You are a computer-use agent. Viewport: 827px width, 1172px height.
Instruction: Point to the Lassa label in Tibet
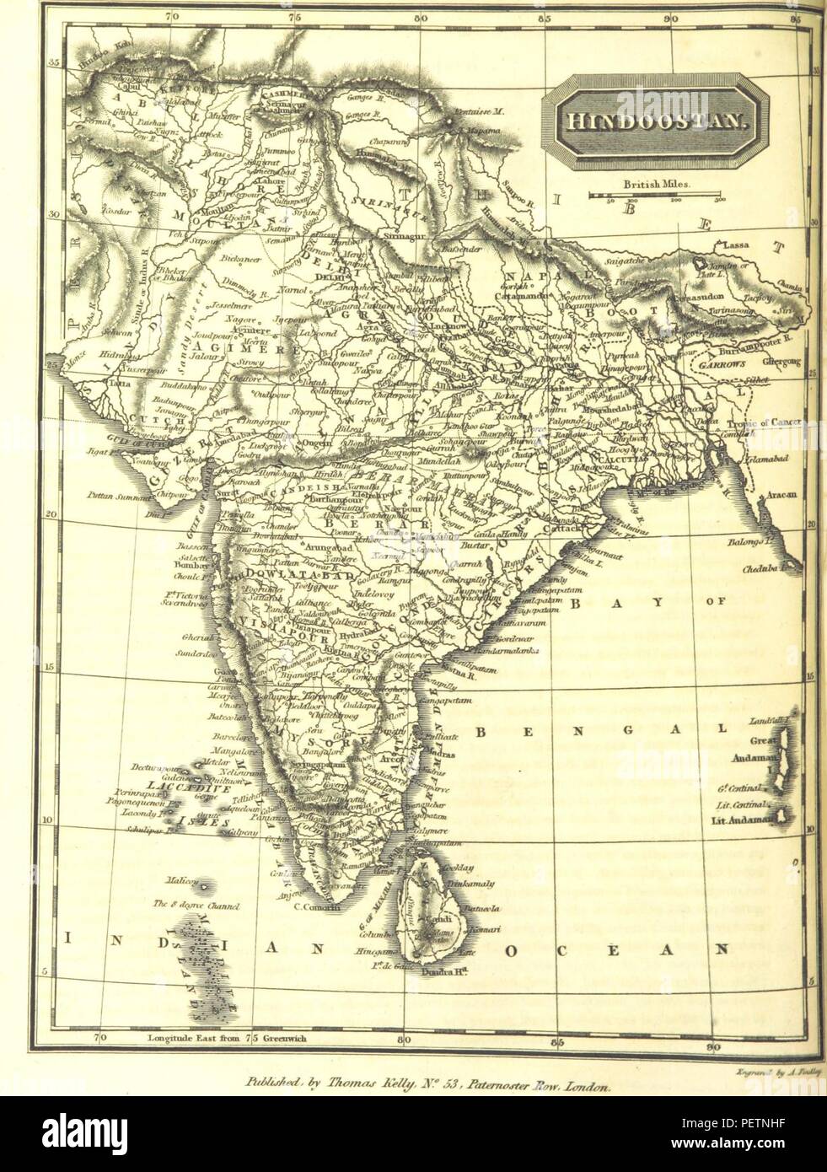point(732,245)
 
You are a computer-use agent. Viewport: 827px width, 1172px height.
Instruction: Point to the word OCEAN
point(615,950)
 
